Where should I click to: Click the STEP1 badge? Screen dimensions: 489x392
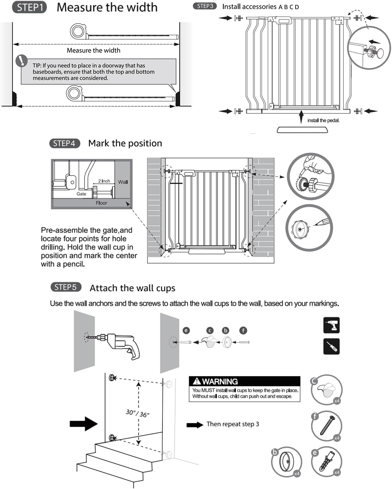pyautogui.click(x=29, y=8)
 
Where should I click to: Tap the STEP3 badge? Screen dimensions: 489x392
pyautogui.click(x=205, y=6)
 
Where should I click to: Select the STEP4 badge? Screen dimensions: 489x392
pyautogui.click(x=65, y=143)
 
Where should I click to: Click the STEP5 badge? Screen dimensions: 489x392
pyautogui.click(x=66, y=287)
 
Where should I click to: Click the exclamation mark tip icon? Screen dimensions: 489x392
pyautogui.click(x=22, y=61)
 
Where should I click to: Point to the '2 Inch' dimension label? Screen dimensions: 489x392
pyautogui.click(x=104, y=181)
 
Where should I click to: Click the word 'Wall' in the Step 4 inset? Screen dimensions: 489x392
pyautogui.click(x=123, y=182)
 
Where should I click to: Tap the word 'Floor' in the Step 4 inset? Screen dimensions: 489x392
pyautogui.click(x=101, y=203)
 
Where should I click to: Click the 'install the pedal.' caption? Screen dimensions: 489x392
pyautogui.click(x=323, y=120)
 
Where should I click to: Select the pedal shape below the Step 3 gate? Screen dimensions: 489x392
pyautogui.click(x=302, y=130)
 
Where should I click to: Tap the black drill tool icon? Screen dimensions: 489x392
pyautogui.click(x=331, y=325)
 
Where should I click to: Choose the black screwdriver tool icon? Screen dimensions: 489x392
pyautogui.click(x=331, y=346)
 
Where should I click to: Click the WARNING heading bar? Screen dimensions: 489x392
pyautogui.click(x=244, y=381)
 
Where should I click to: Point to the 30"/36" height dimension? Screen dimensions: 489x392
pyautogui.click(x=137, y=413)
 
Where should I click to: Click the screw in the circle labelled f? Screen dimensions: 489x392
pyautogui.click(x=327, y=426)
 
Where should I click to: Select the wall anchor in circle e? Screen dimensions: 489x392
pyautogui.click(x=327, y=462)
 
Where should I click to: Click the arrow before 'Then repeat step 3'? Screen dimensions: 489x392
pyautogui.click(x=195, y=425)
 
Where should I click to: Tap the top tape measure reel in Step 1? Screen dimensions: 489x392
pyautogui.click(x=78, y=31)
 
